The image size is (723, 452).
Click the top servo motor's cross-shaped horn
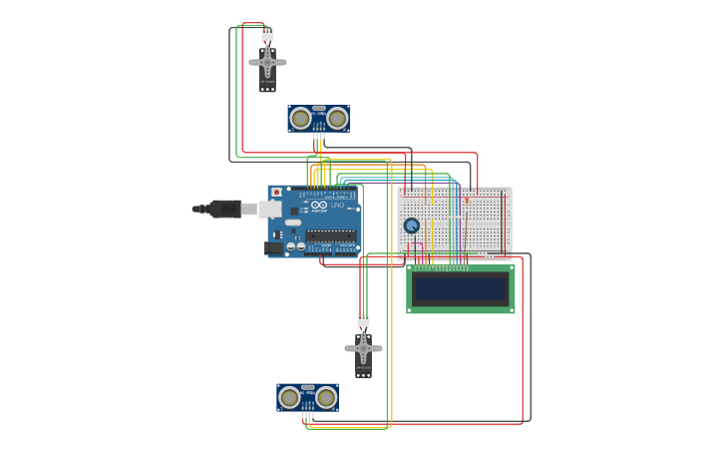(267, 63)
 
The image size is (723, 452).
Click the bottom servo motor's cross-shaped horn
(363, 348)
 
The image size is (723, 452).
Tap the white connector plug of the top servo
(267, 35)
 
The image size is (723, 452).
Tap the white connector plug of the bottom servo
(363, 320)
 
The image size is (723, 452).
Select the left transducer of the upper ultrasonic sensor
(300, 119)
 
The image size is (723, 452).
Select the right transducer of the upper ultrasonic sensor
(337, 119)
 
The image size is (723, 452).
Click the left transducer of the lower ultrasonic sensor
(289, 397)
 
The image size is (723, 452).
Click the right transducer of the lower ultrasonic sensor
(326, 397)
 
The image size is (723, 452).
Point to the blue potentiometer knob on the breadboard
(412, 226)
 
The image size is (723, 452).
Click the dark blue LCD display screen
(461, 289)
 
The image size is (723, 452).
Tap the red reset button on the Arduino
(276, 193)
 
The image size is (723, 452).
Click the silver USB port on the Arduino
(270, 209)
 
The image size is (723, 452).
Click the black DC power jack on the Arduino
(272, 247)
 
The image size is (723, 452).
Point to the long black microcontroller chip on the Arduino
(331, 237)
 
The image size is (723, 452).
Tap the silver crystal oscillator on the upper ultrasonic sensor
(318, 108)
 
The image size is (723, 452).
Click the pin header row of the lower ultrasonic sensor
(307, 408)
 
